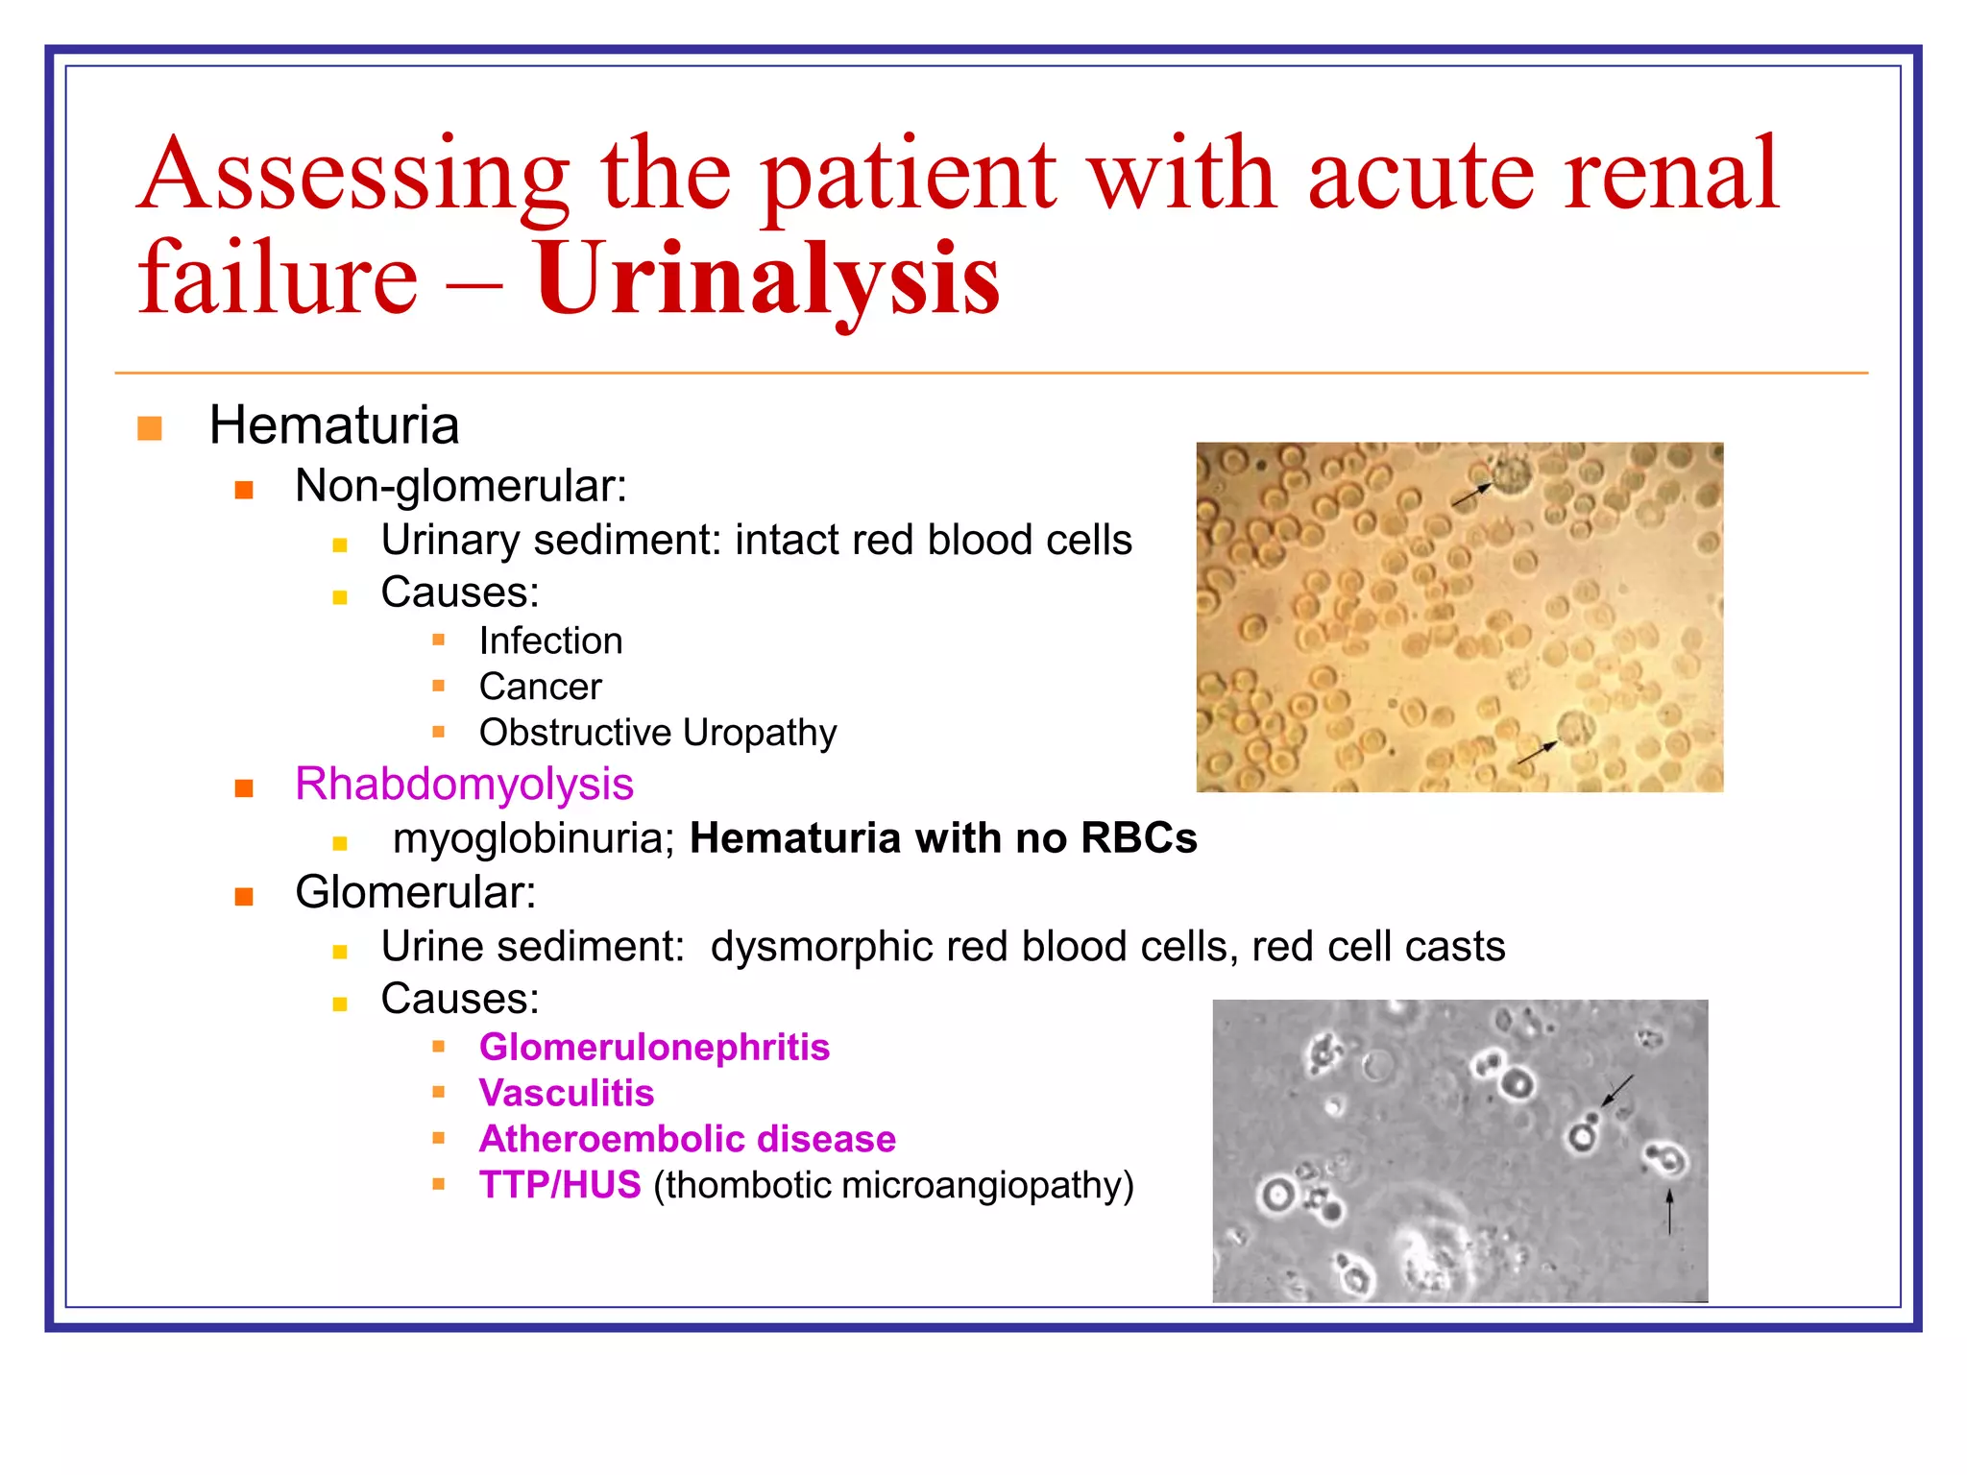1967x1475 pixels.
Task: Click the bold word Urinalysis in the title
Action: [766, 278]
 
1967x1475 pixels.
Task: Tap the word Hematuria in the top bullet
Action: [333, 425]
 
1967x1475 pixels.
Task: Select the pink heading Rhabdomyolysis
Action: [464, 785]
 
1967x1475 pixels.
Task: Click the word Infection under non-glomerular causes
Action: [550, 641]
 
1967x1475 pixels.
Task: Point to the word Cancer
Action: [540, 687]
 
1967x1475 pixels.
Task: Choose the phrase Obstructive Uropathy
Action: [658, 733]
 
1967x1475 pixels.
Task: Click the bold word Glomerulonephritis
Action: [654, 1048]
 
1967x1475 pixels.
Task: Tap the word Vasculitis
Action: [567, 1094]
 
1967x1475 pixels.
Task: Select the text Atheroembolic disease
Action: [688, 1139]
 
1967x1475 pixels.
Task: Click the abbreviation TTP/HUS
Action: [560, 1185]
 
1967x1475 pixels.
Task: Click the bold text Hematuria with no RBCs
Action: [943, 838]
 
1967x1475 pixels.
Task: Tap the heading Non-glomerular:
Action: [460, 486]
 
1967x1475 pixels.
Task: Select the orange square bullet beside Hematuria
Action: [150, 428]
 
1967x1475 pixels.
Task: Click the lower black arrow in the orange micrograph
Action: [1537, 752]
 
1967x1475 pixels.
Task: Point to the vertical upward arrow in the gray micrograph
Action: [1669, 1212]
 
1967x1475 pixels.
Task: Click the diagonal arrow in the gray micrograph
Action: [1618, 1090]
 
